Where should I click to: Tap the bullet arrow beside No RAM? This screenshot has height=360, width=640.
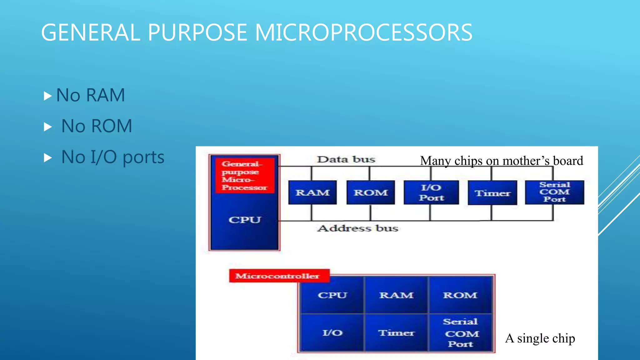point(47,96)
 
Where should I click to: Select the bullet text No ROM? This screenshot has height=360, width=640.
point(97,126)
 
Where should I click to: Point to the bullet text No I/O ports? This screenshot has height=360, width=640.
point(112,157)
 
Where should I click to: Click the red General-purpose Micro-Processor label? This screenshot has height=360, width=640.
point(244,175)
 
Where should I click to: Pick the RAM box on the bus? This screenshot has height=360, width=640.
point(312,192)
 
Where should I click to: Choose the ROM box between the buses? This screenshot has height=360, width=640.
point(371,192)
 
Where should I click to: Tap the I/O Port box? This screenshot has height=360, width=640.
point(431,192)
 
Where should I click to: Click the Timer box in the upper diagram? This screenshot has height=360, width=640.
point(492,193)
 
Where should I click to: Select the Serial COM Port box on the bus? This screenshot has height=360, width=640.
point(554,192)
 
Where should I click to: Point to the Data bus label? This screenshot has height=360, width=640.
point(346,159)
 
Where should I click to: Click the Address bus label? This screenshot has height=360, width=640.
point(357,228)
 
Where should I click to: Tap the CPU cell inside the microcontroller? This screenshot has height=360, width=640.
point(332,295)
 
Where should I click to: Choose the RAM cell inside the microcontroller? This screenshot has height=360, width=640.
point(396,295)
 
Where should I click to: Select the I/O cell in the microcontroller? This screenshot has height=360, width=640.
point(332,333)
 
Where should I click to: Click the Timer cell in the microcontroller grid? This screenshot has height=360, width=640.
point(396,333)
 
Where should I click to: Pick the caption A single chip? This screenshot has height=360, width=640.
point(540,338)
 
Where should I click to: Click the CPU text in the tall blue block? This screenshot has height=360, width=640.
point(244,220)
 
